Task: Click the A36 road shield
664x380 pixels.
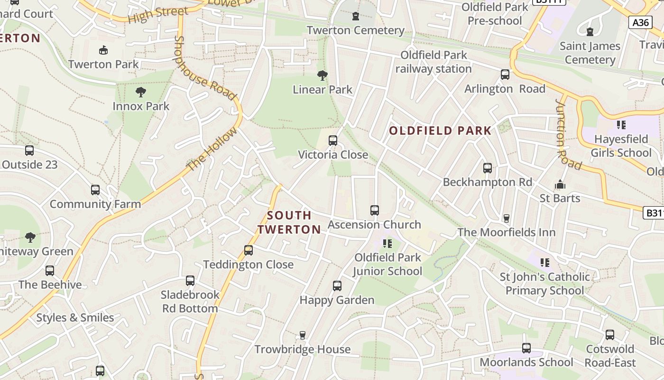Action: pos(640,22)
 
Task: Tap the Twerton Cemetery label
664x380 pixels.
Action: pos(355,30)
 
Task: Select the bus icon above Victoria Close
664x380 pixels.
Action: pos(333,141)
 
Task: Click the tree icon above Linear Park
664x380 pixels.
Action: pos(323,75)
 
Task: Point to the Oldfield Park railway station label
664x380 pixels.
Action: pos(433,62)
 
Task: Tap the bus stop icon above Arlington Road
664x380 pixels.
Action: pos(505,75)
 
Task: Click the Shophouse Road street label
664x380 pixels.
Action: pos(205,68)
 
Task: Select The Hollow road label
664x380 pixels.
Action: pos(211,149)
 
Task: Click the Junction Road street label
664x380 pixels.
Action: pos(568,134)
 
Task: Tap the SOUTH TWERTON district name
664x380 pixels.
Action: pos(289,222)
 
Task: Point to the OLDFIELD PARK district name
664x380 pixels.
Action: pos(441,131)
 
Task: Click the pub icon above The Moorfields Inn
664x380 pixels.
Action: pos(507,218)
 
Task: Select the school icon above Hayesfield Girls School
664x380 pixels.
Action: pos(621,125)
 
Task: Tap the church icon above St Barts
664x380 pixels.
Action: pos(560,184)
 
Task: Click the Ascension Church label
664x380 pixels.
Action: pos(374,225)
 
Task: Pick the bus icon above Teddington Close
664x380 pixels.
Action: pos(248,250)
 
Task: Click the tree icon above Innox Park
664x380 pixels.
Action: pos(140,92)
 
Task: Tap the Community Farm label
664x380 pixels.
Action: pos(95,204)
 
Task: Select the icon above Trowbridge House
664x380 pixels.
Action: pos(303,335)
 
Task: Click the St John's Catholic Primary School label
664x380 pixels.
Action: pos(545,284)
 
